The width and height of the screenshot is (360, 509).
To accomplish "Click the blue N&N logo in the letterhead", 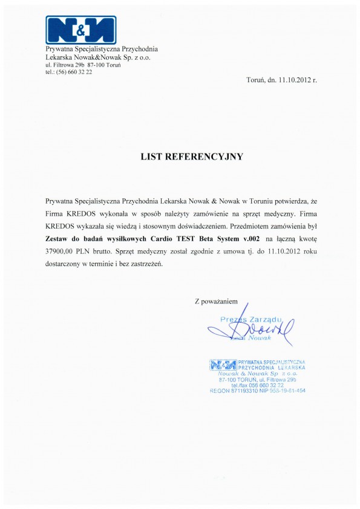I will [81, 30].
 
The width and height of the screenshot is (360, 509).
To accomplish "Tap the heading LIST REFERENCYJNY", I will [192, 157].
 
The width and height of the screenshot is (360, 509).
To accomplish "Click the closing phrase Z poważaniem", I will [221, 300].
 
